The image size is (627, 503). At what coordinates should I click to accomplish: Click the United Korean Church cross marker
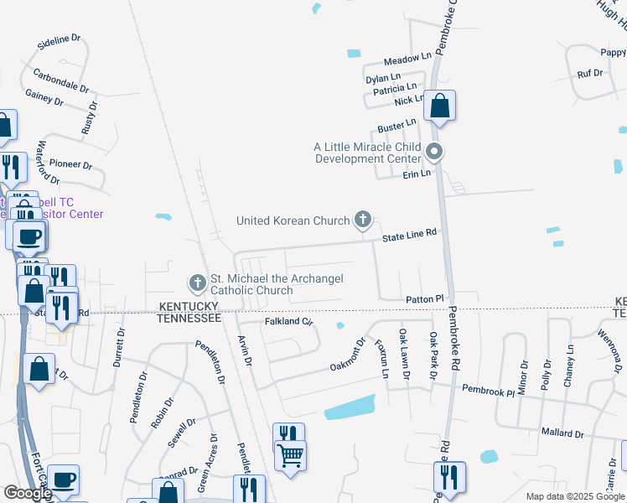tap(363, 220)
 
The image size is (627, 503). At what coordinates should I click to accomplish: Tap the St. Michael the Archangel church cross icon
tap(197, 283)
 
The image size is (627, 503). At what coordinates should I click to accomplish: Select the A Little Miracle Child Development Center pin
tap(434, 153)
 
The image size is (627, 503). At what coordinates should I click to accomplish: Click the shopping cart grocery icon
tap(290, 456)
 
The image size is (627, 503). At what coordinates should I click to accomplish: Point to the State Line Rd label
tap(410, 236)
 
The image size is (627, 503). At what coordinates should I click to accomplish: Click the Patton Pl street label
tap(424, 299)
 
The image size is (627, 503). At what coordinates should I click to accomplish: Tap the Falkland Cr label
tap(288, 321)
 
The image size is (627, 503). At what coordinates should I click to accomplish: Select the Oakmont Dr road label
tap(348, 353)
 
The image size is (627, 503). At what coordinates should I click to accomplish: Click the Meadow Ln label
tap(407, 60)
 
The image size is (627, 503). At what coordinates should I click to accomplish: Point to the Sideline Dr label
tap(59, 39)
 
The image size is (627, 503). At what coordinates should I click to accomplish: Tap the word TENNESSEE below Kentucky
tap(189, 319)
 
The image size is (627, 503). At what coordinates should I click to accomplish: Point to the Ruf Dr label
tap(590, 73)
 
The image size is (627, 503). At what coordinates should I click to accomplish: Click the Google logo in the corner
tap(28, 493)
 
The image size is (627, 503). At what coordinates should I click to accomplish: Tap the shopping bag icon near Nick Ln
tap(439, 106)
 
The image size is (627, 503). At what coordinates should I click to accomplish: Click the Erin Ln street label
tap(416, 174)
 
